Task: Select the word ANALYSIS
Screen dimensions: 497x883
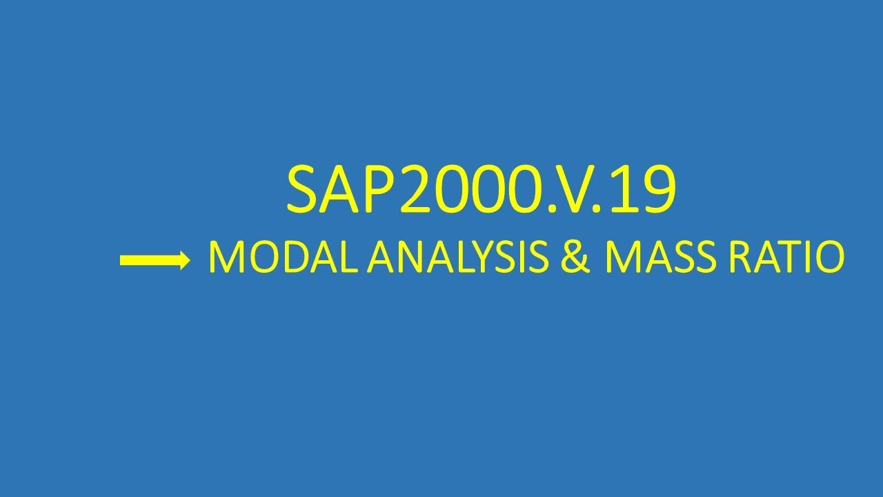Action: coord(455,259)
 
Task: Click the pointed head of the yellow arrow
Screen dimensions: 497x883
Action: coord(183,260)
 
